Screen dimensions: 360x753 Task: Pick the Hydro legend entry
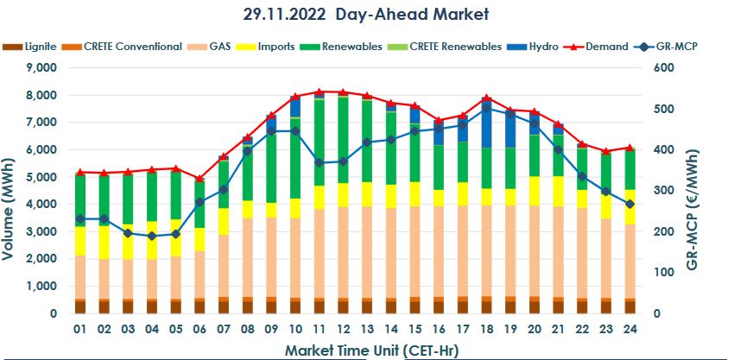[541, 47]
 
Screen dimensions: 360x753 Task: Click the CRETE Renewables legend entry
[455, 47]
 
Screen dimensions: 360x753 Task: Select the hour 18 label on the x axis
[486, 330]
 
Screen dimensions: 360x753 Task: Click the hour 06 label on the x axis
[199, 330]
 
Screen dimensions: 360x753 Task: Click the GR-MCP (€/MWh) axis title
[740, 191]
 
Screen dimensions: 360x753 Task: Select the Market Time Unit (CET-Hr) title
[373, 350]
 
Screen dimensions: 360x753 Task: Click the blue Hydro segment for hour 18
[486, 125]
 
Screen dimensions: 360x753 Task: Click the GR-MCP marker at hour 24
[629, 204]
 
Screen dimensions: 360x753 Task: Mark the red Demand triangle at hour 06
[199, 179]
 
